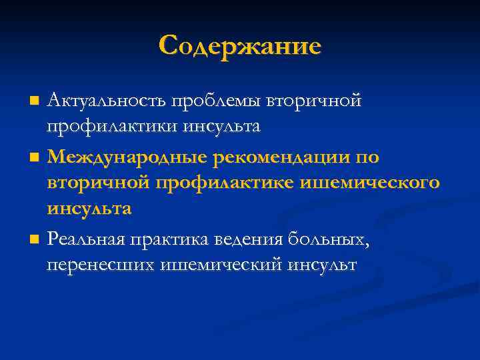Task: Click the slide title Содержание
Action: pos(240,45)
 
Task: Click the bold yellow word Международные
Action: pos(128,157)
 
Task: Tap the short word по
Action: pos(367,157)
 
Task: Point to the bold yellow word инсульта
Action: pos(89,208)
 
